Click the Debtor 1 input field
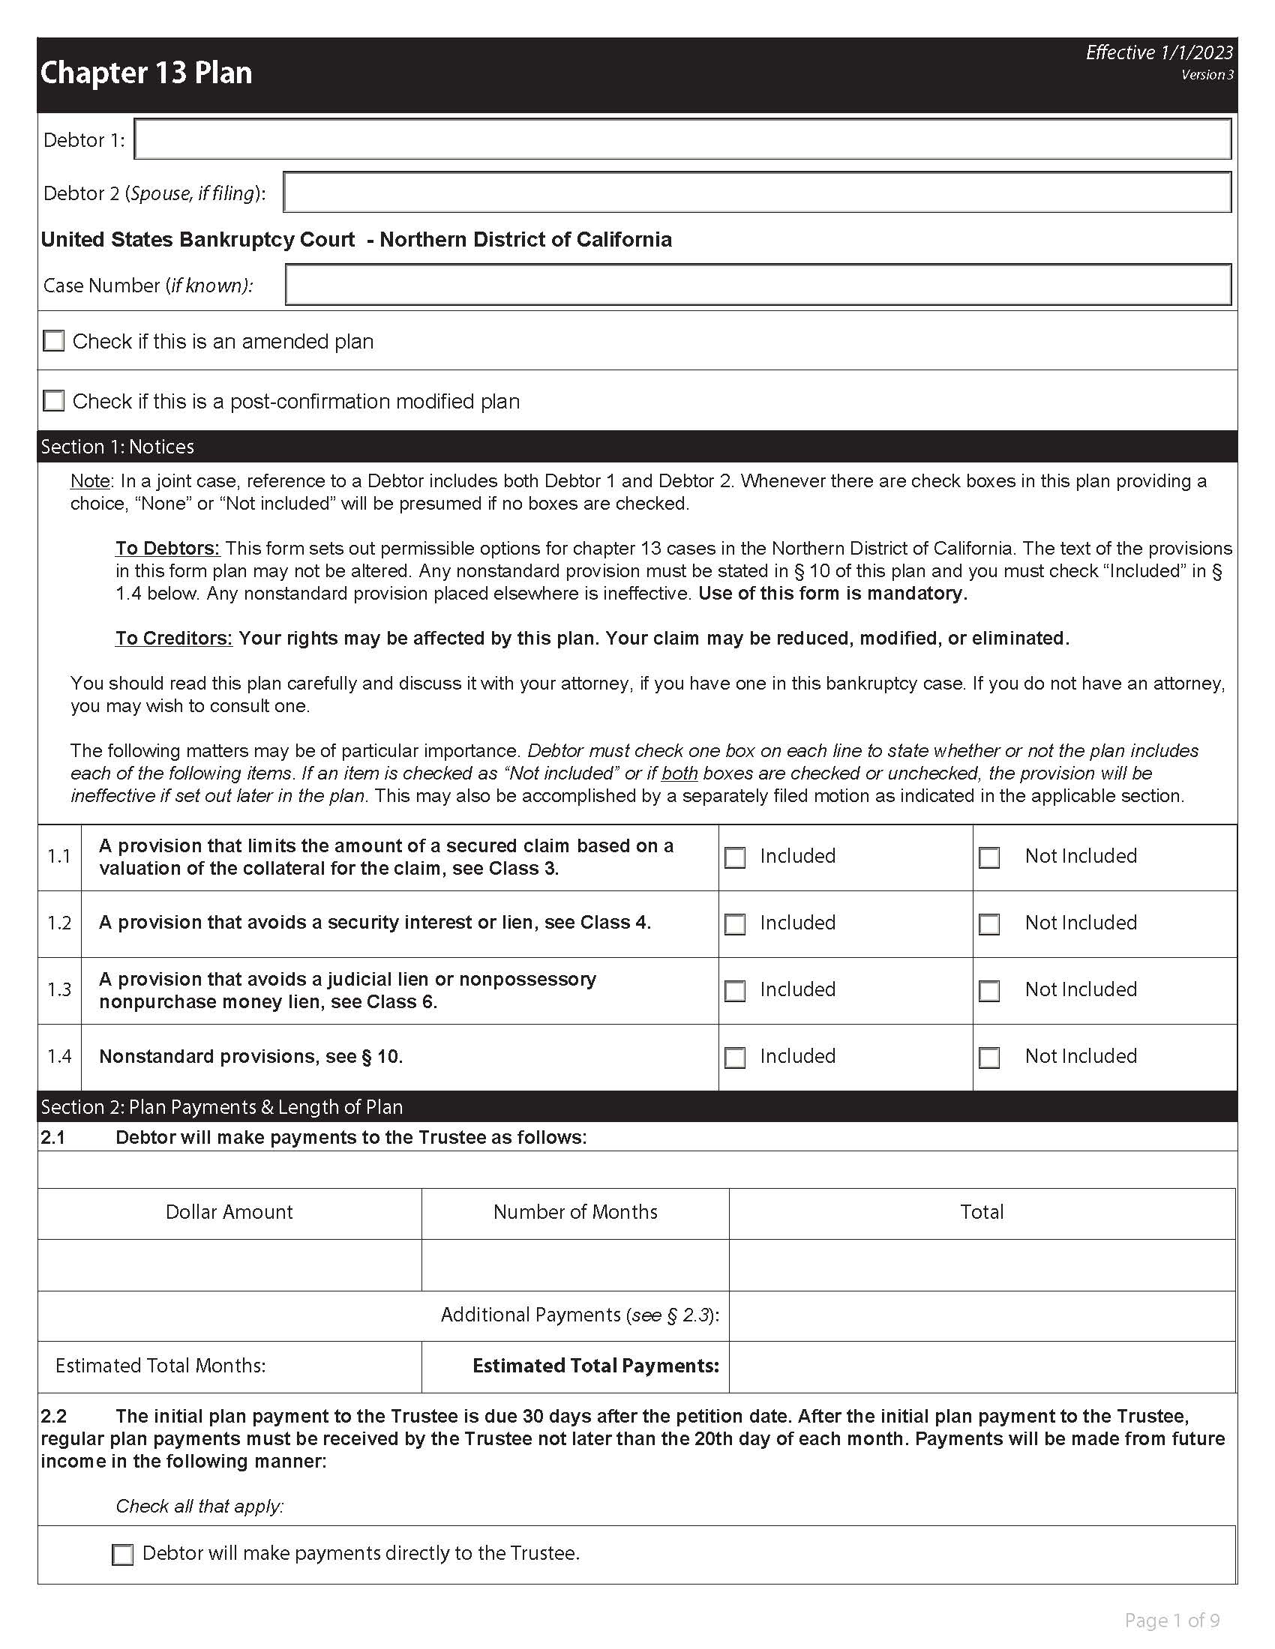[x=682, y=139]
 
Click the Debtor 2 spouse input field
[x=757, y=193]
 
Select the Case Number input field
[x=757, y=285]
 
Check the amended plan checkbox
[x=54, y=341]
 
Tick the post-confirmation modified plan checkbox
[x=54, y=401]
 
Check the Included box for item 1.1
[x=735, y=857]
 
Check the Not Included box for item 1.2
[x=989, y=924]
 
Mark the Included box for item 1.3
[x=735, y=991]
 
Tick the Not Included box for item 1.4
[x=989, y=1057]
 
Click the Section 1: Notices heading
[x=118, y=447]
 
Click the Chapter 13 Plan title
[x=146, y=73]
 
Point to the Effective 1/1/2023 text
[x=1159, y=53]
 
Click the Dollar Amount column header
[x=229, y=1212]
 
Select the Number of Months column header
[x=574, y=1212]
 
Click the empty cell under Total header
[x=981, y=1264]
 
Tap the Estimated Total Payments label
[x=595, y=1366]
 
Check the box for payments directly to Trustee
[x=122, y=1555]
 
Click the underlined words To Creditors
[x=174, y=638]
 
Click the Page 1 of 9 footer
[x=1171, y=1621]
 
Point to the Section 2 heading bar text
[x=222, y=1107]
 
